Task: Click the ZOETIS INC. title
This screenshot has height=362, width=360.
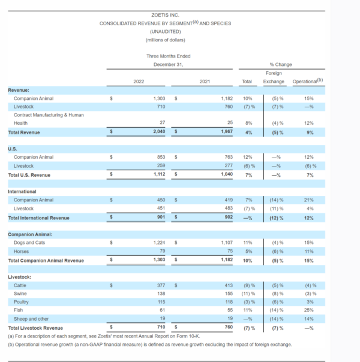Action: pyautogui.click(x=165, y=15)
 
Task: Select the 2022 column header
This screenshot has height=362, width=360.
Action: pyautogui.click(x=139, y=82)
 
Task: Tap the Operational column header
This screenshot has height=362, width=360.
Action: pyautogui.click(x=308, y=81)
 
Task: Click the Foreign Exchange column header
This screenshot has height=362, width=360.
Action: pyautogui.click(x=274, y=77)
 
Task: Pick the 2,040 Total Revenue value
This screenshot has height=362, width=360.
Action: pyautogui.click(x=159, y=131)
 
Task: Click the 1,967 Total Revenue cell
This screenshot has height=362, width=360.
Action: pyautogui.click(x=227, y=131)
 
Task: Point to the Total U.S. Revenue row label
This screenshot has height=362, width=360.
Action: pyautogui.click(x=29, y=175)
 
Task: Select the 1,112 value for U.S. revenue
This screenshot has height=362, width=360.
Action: pyautogui.click(x=160, y=174)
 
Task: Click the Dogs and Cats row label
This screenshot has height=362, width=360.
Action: pyautogui.click(x=29, y=243)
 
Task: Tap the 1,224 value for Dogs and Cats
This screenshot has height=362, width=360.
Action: pyautogui.click(x=159, y=243)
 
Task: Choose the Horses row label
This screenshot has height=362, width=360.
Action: pyautogui.click(x=21, y=251)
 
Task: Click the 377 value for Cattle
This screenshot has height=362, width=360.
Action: pyautogui.click(x=161, y=285)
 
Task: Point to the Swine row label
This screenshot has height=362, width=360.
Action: pyautogui.click(x=20, y=294)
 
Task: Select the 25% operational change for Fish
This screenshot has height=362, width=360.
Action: pyautogui.click(x=309, y=310)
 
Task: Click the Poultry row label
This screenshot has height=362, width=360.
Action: pyautogui.click(x=21, y=302)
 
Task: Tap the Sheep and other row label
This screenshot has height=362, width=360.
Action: pyautogui.click(x=31, y=319)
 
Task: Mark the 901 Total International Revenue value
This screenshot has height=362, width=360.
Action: pyautogui.click(x=161, y=217)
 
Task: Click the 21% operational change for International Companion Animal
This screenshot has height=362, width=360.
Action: pyautogui.click(x=309, y=200)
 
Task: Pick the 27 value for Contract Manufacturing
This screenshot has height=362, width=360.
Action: pyautogui.click(x=163, y=122)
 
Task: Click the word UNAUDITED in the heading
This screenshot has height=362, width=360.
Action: pyautogui.click(x=165, y=31)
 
